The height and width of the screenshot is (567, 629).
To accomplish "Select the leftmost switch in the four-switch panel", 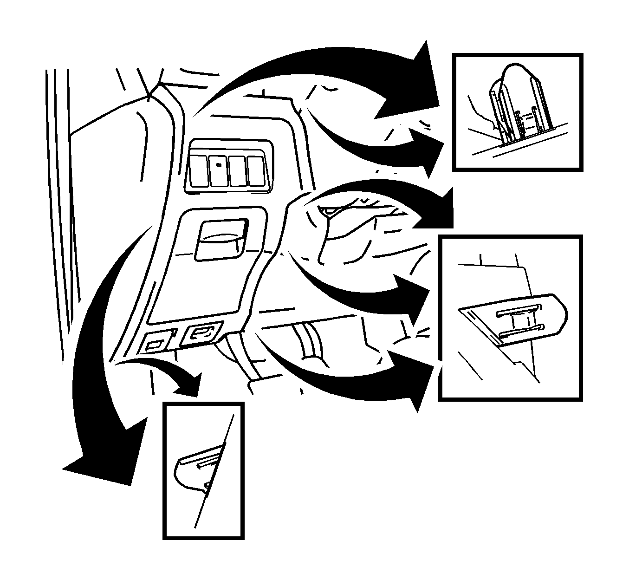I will (x=199, y=171).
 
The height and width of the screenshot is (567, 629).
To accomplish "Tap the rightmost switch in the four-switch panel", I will (x=255, y=171).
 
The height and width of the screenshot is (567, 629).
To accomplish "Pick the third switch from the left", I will (x=237, y=171).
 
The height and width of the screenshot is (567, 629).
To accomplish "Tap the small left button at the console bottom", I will (x=154, y=344).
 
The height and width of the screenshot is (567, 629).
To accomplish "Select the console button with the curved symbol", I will (x=203, y=333).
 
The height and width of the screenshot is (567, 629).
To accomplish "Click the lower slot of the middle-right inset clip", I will (x=522, y=331).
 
